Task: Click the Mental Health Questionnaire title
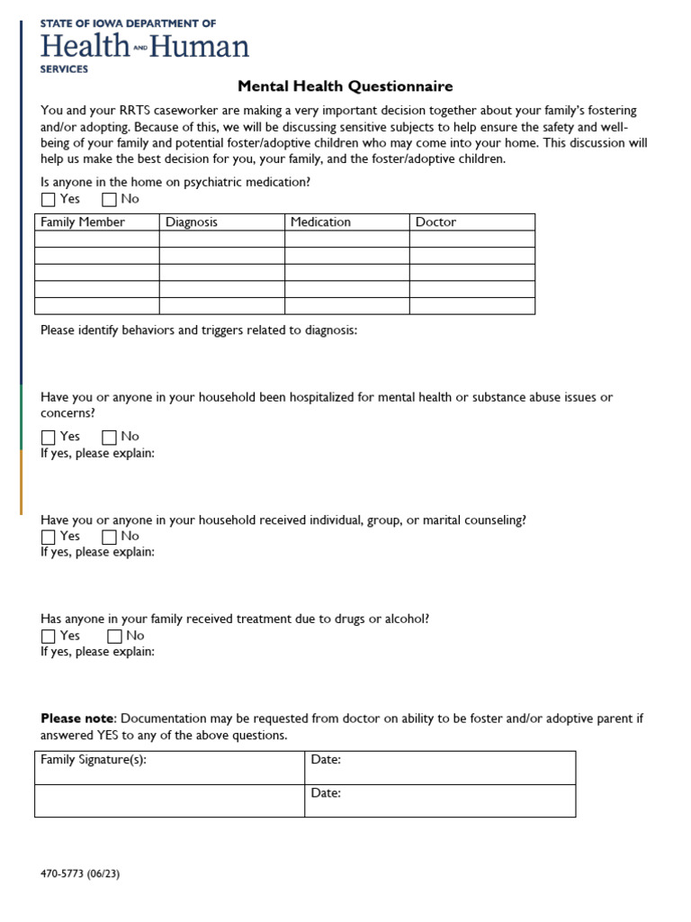pos(345,86)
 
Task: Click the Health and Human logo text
pos(144,45)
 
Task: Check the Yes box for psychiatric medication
pos(49,200)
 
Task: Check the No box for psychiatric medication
pos(110,200)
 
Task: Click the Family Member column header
pos(83,222)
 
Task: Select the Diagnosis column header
pos(192,222)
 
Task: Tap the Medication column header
pos(320,222)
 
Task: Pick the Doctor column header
pos(435,222)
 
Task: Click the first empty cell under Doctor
pos(471,239)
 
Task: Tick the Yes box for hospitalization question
pos(49,438)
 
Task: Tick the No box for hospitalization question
pos(110,438)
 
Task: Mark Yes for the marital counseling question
pos(49,538)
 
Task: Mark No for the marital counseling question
pos(110,538)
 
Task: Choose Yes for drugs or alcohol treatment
pos(49,637)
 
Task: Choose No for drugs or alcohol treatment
pos(114,637)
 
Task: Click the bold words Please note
pos(77,719)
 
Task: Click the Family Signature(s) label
pos(94,760)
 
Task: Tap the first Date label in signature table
pos(326,760)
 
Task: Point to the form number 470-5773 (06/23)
pos(86,873)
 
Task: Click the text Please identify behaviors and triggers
pos(198,330)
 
